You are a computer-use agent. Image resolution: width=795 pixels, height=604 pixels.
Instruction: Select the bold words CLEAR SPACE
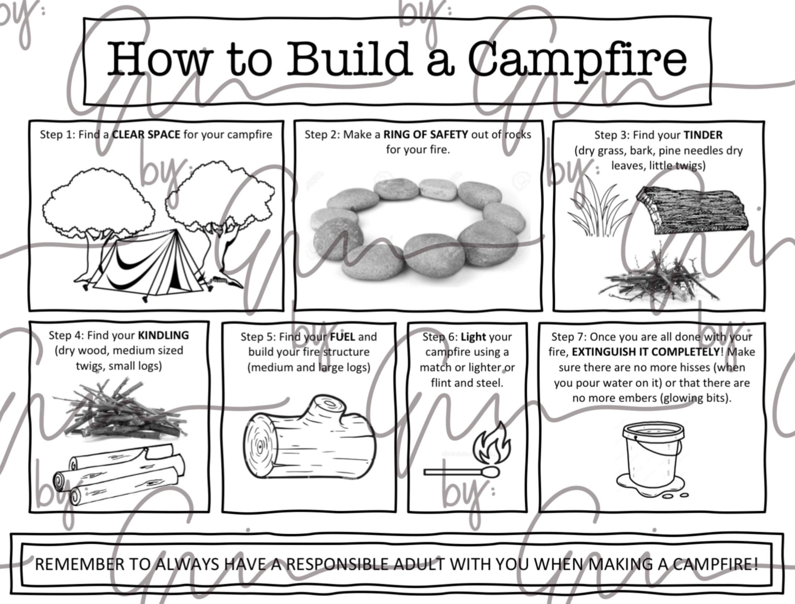click(x=146, y=135)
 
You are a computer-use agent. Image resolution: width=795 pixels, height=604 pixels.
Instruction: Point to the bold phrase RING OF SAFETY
click(x=426, y=135)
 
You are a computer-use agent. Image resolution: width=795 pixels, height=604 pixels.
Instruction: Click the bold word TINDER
click(x=703, y=135)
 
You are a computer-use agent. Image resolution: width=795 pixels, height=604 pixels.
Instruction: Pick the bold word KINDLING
click(x=164, y=335)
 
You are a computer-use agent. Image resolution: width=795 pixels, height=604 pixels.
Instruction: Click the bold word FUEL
click(x=342, y=337)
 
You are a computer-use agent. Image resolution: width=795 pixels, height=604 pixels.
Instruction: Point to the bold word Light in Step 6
click(x=473, y=337)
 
